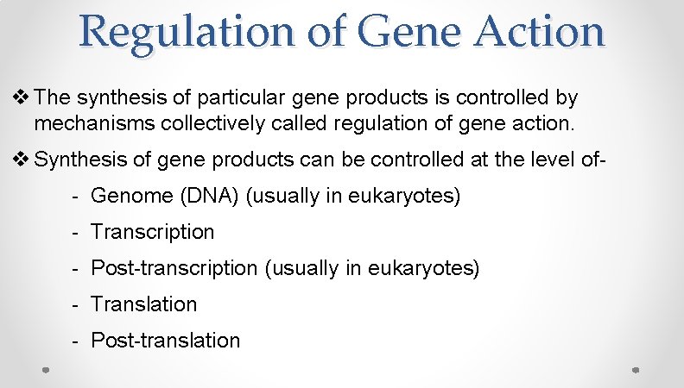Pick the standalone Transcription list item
click(152, 232)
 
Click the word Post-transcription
click(174, 268)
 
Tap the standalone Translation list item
click(143, 304)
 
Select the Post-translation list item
click(165, 341)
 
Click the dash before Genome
click(76, 197)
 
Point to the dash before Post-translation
click(76, 341)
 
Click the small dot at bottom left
click(47, 369)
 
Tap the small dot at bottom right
click(635, 369)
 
